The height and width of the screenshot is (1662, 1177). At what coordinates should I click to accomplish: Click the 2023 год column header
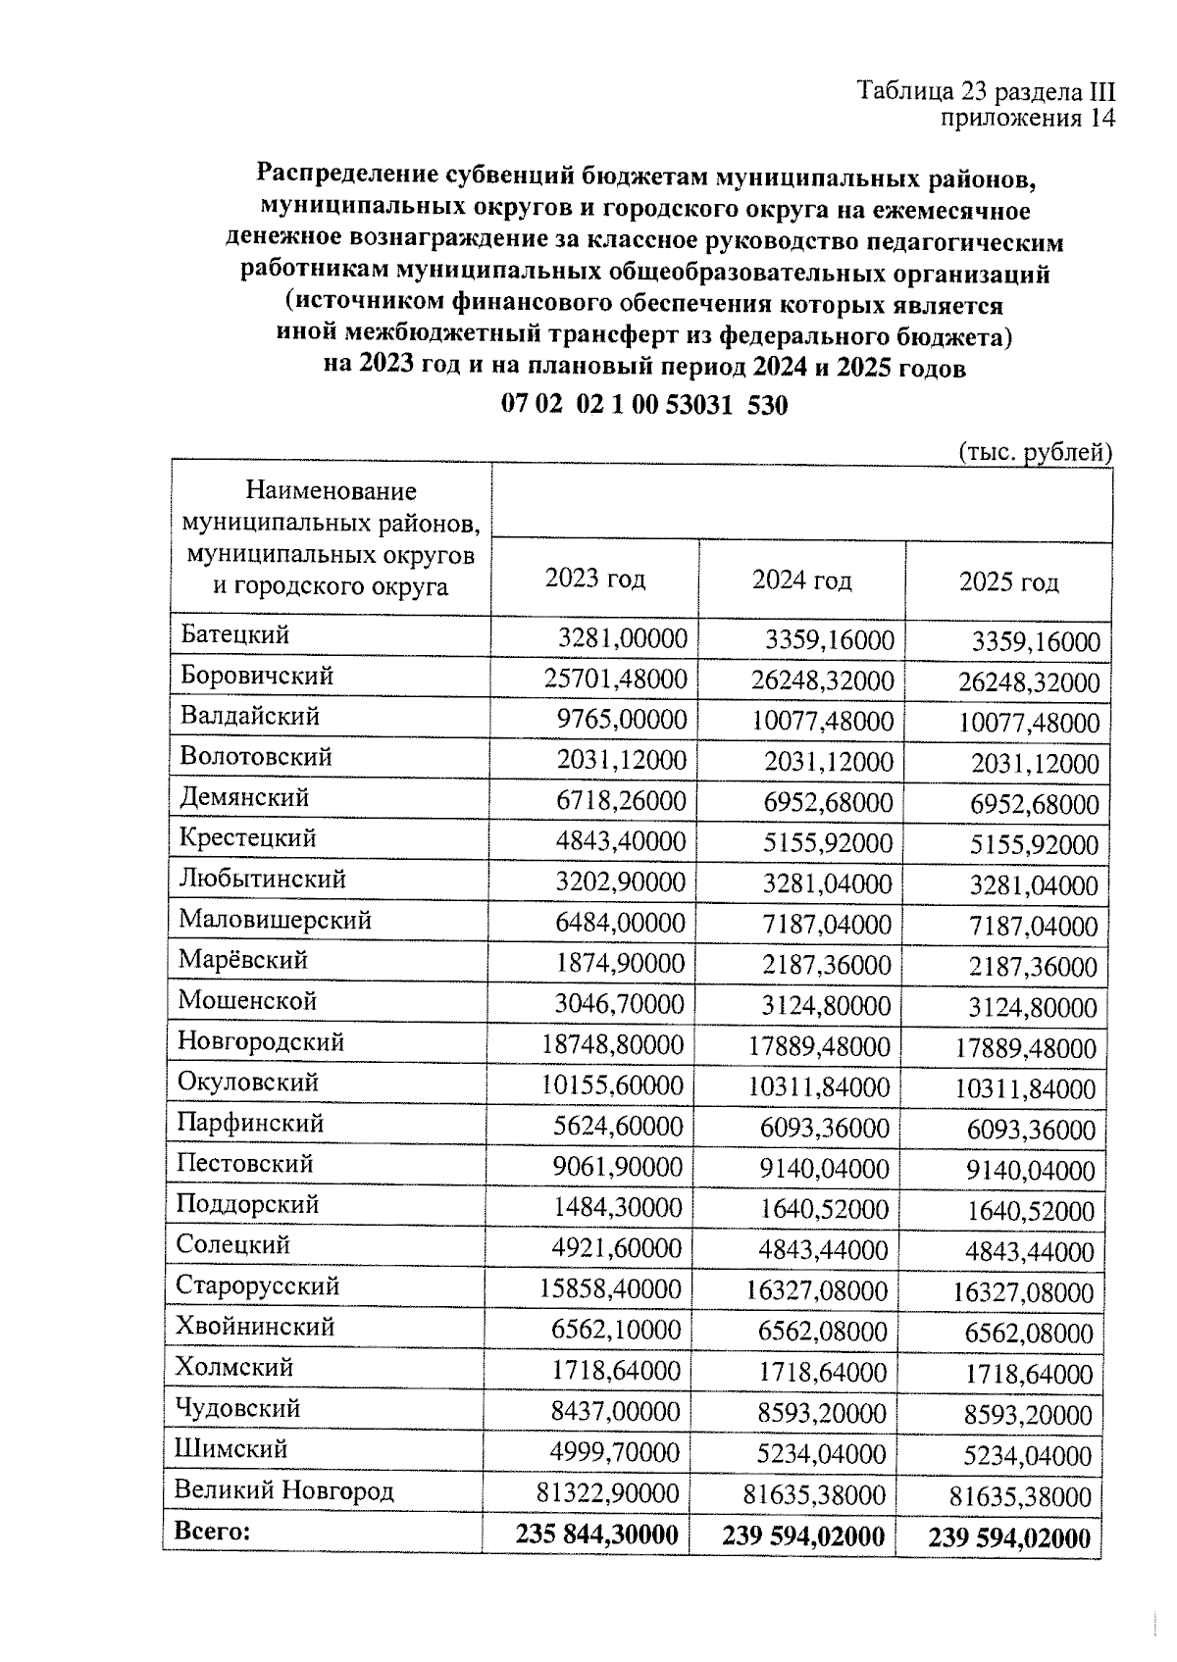[595, 579]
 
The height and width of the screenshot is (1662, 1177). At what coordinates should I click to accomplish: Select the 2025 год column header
[1008, 582]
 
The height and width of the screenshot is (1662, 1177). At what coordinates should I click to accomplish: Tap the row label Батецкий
[234, 634]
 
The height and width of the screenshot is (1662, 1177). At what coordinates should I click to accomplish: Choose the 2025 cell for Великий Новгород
[1020, 1496]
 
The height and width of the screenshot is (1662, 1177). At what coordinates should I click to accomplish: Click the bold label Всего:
[212, 1531]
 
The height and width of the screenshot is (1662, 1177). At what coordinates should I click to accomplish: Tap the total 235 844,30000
[597, 1535]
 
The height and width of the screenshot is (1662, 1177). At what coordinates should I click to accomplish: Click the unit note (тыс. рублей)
[1034, 452]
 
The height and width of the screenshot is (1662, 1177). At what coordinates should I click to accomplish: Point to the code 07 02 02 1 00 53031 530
[644, 405]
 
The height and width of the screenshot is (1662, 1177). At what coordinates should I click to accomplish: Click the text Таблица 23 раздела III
[987, 91]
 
